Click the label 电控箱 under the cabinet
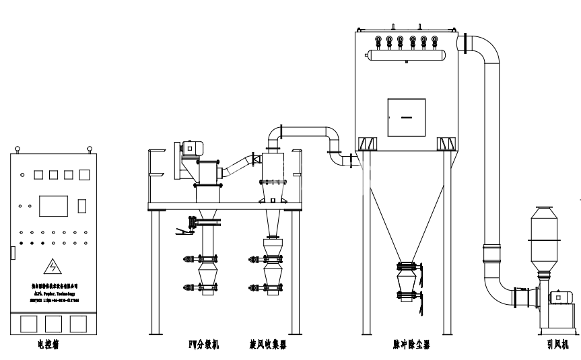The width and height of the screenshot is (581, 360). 50,346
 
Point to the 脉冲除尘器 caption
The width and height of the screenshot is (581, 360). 411,345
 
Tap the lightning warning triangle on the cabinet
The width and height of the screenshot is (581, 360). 50,266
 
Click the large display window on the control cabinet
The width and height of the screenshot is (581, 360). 54,205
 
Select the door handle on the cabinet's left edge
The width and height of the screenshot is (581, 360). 12,254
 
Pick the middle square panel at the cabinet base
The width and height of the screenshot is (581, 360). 51,324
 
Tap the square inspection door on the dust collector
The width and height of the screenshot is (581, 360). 406,118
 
